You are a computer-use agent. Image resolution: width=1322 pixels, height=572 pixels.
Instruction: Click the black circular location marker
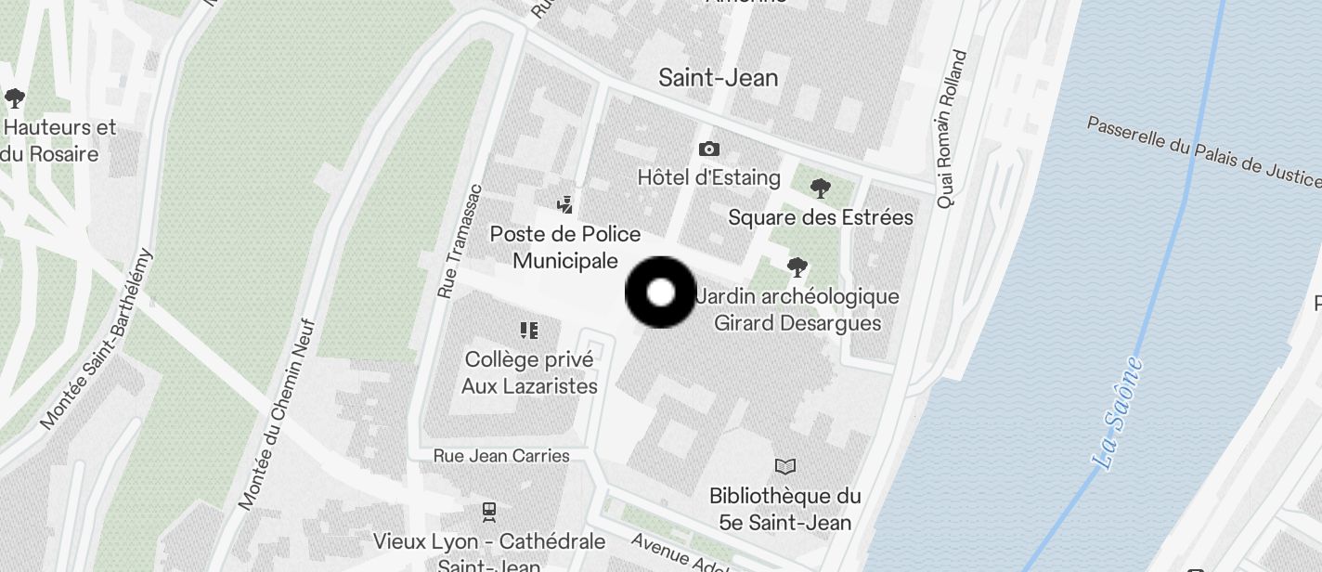[x=660, y=293]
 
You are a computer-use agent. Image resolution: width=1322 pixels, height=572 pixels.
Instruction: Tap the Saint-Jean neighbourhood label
[x=718, y=78]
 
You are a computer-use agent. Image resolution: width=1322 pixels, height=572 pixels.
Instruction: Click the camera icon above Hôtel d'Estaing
[x=709, y=149]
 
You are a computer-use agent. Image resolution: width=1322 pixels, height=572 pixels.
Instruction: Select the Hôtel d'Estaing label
[x=708, y=176]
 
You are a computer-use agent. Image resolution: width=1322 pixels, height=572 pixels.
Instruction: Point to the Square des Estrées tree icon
[x=820, y=188]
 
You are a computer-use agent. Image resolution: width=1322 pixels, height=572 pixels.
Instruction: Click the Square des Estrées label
[x=821, y=217]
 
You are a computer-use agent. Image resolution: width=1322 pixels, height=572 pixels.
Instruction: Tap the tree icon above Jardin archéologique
[x=797, y=267]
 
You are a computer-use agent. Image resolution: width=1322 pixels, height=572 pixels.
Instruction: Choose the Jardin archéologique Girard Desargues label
[x=797, y=310]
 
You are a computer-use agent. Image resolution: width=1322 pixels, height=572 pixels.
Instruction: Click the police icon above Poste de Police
[x=564, y=203]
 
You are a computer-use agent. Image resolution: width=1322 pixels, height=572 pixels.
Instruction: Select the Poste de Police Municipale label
[x=565, y=247]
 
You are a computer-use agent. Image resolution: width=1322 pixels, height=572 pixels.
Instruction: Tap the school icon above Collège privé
[x=529, y=330]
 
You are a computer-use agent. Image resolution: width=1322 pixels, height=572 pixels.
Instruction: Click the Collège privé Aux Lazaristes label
[x=529, y=372]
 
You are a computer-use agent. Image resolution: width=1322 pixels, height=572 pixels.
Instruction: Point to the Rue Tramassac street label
[x=460, y=240]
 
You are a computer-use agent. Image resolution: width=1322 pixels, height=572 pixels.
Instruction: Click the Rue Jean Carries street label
[x=501, y=456]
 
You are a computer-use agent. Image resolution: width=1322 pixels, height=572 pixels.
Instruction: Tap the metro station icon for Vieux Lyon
[x=489, y=511]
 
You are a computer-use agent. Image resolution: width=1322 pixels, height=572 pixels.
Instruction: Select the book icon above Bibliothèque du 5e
[x=785, y=466]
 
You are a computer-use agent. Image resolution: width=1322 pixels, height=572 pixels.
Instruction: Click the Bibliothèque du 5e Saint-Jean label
[x=785, y=509]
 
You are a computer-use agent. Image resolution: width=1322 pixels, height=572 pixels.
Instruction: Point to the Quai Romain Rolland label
[x=952, y=129]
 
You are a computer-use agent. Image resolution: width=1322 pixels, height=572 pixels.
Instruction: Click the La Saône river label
[x=1118, y=412]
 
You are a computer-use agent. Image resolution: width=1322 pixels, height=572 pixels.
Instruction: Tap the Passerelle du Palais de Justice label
[x=1203, y=150]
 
